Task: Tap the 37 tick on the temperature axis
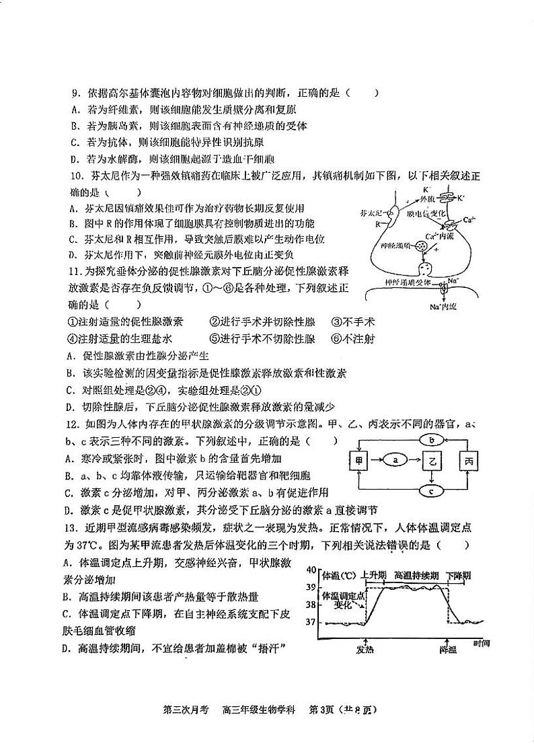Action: [310, 622]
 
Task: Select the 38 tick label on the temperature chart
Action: [310, 605]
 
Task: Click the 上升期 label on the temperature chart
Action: [373, 576]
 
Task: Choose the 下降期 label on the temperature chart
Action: [457, 576]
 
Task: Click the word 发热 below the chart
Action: [365, 649]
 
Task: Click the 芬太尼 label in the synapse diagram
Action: [371, 212]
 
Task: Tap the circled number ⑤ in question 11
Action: [214, 339]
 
